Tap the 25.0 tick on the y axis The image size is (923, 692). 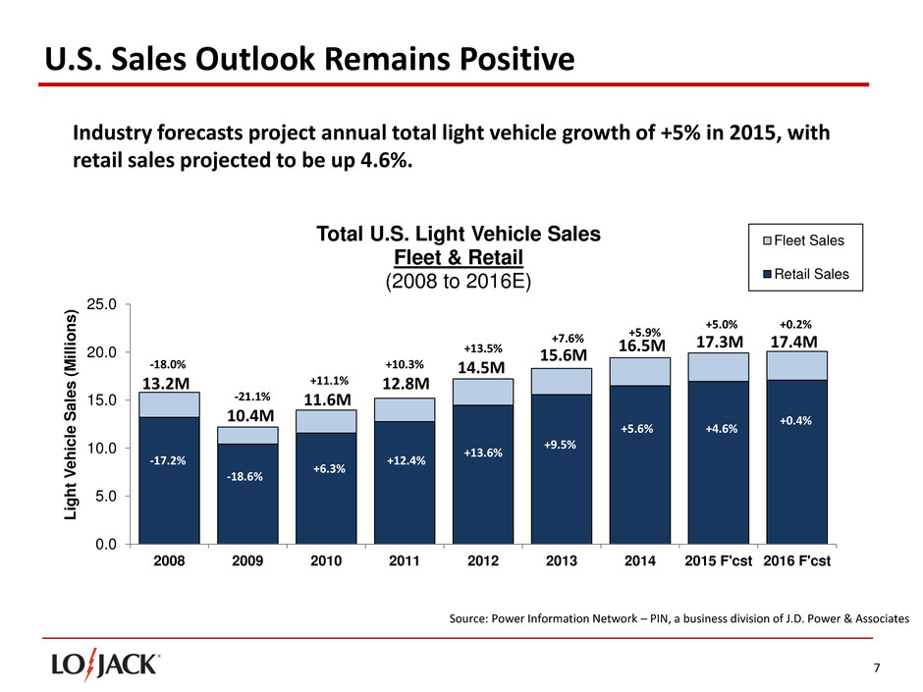pos(101,304)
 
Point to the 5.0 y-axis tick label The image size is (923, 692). pos(105,496)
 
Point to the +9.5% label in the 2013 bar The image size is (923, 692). pos(560,444)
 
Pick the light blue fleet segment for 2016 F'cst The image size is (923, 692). pos(795,365)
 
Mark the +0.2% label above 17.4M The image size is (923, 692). pos(795,323)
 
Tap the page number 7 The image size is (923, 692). pos(877,667)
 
